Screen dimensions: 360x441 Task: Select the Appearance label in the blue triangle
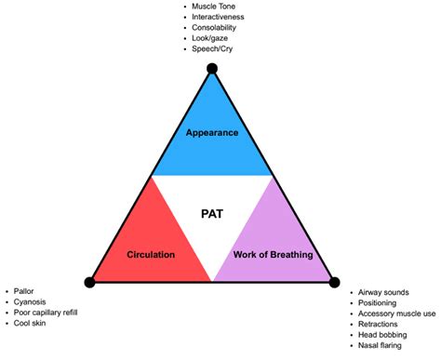(x=212, y=132)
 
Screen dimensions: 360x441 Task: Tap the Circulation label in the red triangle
(x=152, y=254)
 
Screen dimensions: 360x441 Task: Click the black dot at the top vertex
(x=212, y=68)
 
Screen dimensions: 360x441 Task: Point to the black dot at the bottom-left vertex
(x=89, y=282)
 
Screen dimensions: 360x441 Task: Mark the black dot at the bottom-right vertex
(x=336, y=280)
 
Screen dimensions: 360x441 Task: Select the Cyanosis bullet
(x=32, y=302)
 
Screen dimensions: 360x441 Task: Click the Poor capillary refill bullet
(x=47, y=313)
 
